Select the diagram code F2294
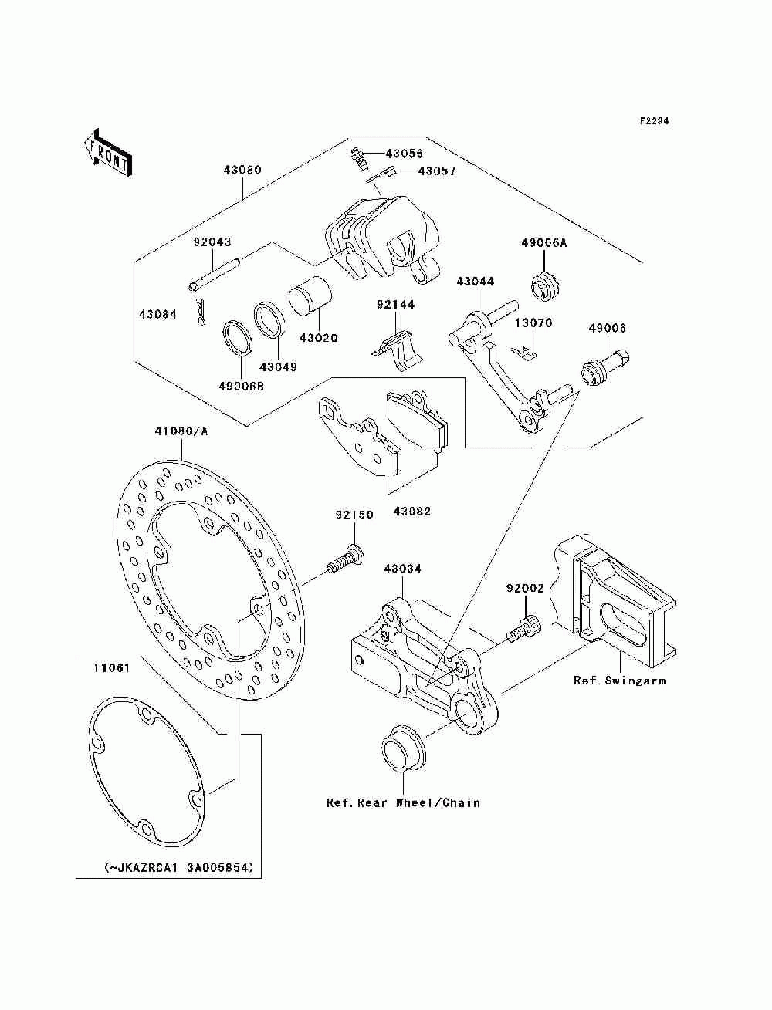click(654, 121)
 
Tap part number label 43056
click(404, 154)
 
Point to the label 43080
click(242, 170)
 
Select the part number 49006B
click(241, 386)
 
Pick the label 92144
click(395, 305)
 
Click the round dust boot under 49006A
click(544, 287)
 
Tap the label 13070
click(533, 323)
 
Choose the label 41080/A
click(181, 431)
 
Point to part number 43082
click(411, 512)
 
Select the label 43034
click(402, 569)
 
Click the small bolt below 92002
click(524, 628)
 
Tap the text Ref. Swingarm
click(620, 680)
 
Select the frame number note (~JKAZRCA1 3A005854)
click(179, 868)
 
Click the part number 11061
click(112, 667)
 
